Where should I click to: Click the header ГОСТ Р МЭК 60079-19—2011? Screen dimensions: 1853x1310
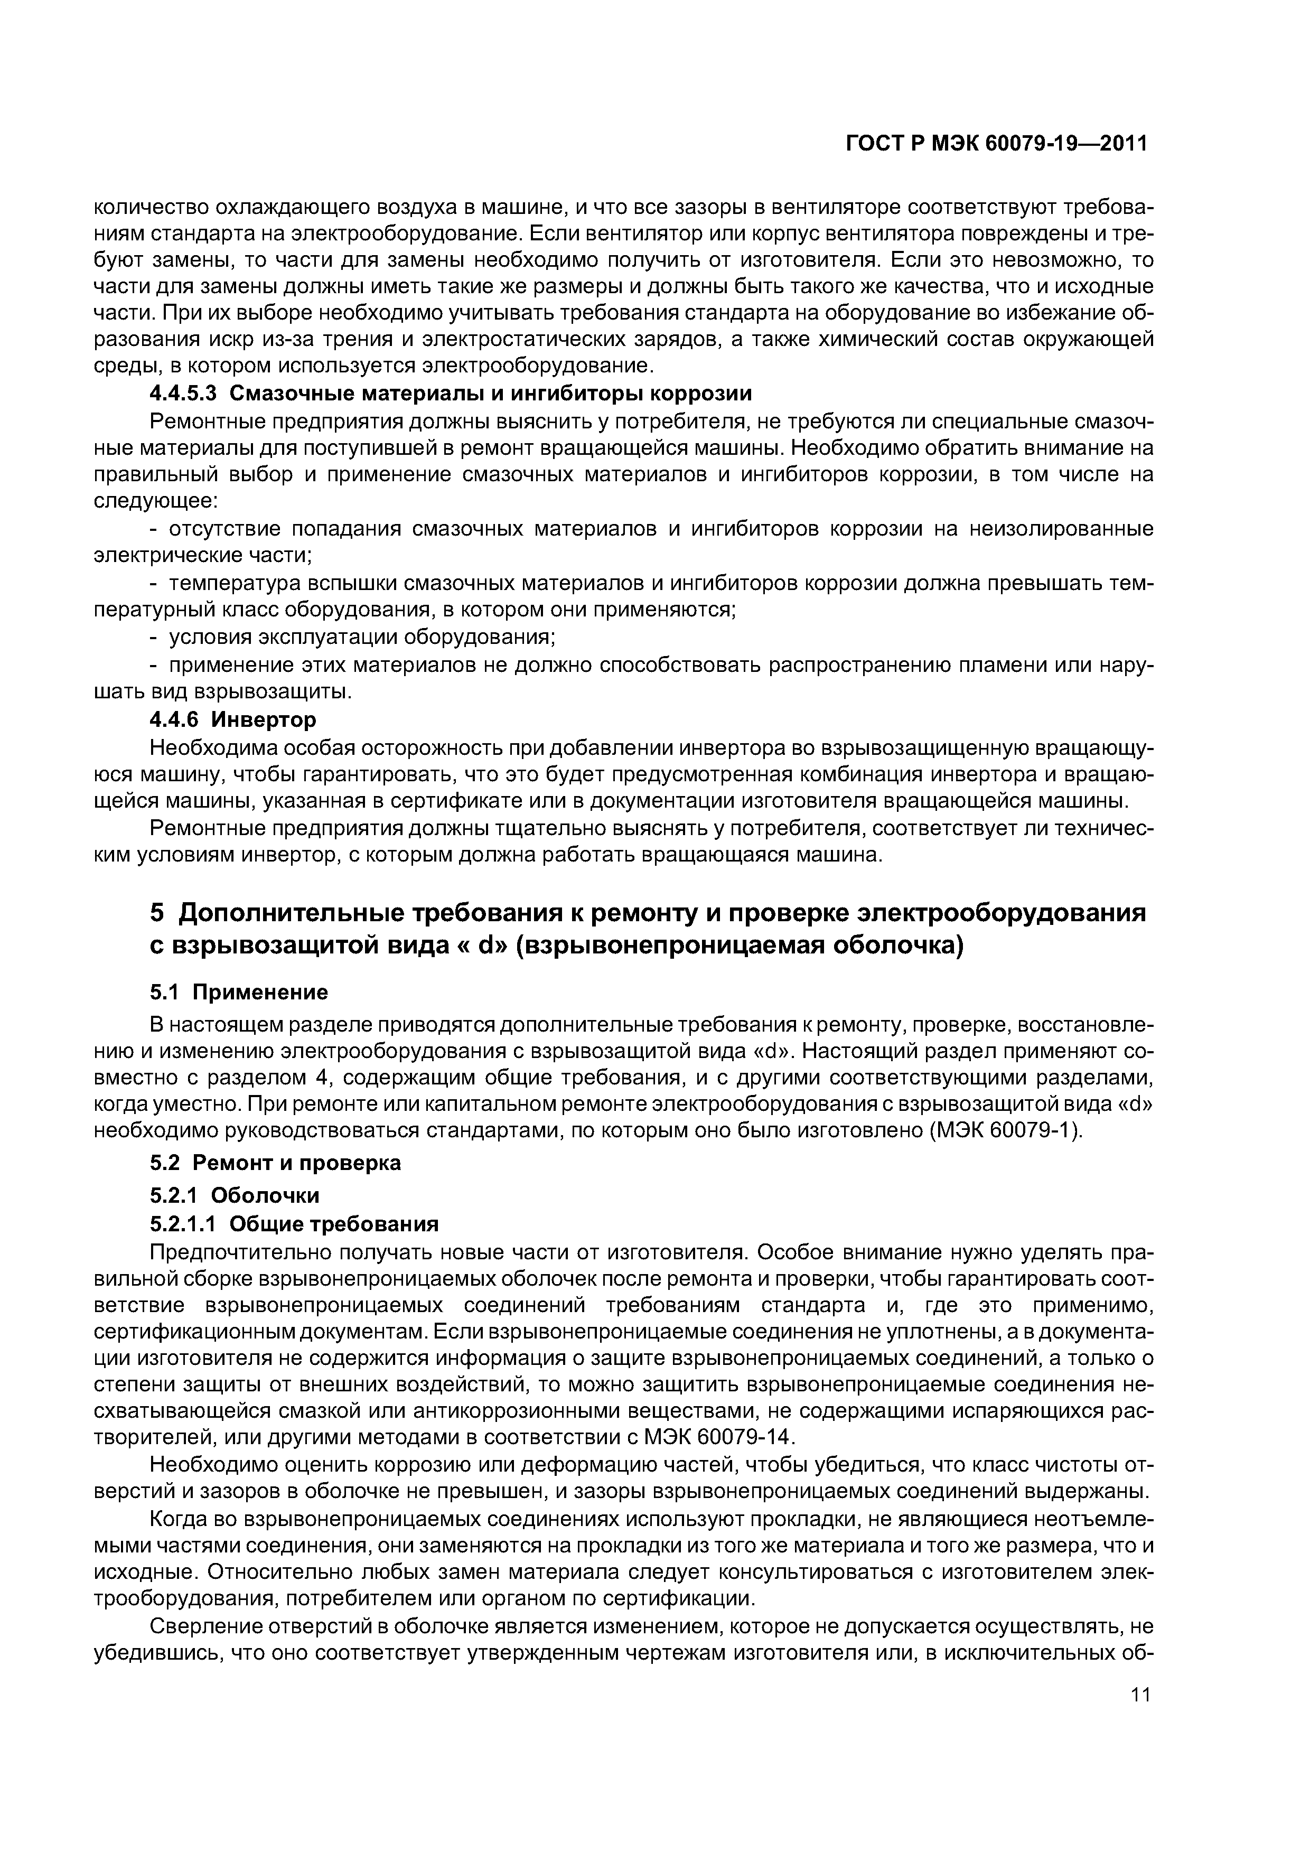[x=996, y=144]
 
